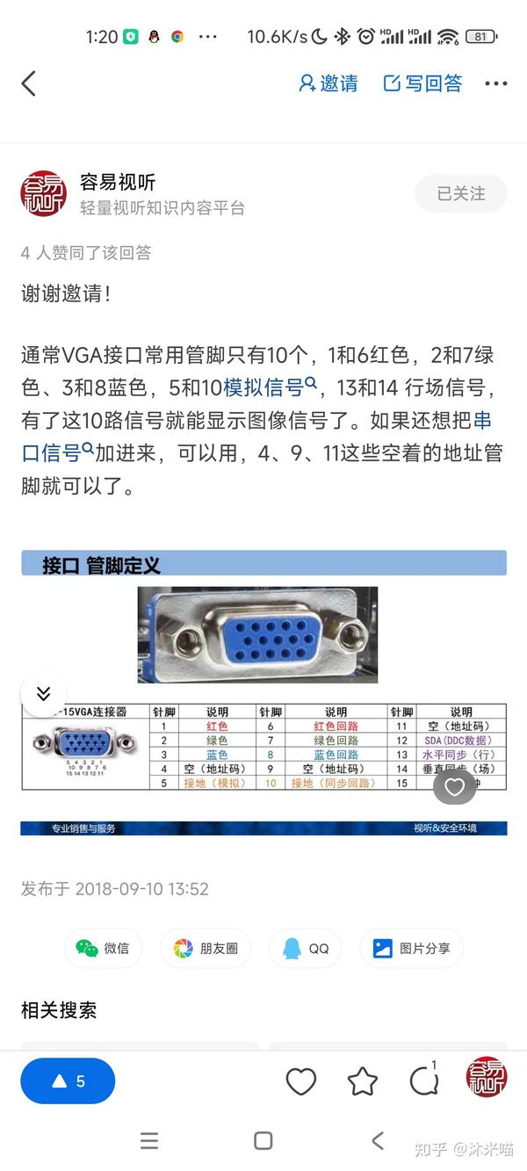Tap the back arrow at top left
click(28, 83)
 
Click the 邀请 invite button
click(328, 83)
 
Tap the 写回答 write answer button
click(423, 83)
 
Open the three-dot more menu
click(496, 83)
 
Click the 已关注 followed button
click(461, 194)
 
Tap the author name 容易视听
click(118, 182)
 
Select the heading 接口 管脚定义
click(102, 565)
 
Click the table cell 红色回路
click(336, 726)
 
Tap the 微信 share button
click(103, 948)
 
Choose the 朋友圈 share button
click(206, 948)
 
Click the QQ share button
click(307, 948)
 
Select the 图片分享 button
click(411, 948)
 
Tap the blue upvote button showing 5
click(68, 1081)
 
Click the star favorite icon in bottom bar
click(363, 1081)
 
